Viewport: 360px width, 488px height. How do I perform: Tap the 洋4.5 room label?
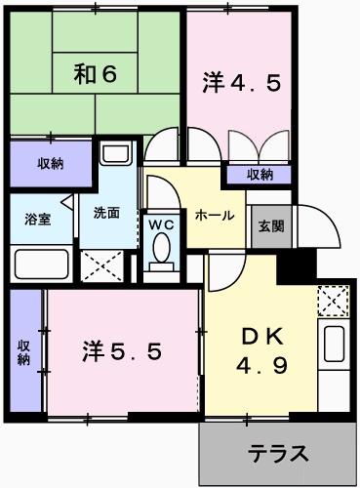coord(242,82)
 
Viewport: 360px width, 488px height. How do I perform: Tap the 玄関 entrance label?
coord(270,225)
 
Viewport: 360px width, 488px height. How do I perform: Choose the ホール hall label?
coord(214,215)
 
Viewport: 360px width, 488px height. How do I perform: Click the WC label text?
coord(161,224)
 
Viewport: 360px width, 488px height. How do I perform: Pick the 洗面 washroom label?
coord(106,213)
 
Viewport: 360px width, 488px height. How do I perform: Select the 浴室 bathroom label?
coord(37,220)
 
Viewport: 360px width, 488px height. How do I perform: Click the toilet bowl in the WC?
coord(161,256)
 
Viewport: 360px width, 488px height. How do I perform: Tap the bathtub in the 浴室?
coord(42,264)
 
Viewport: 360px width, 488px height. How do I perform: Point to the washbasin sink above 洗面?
coord(116,154)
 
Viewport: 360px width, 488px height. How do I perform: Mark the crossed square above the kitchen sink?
coord(333,301)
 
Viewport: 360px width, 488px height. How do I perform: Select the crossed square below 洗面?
coord(104,264)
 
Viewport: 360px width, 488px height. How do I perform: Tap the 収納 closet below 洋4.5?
coord(260,175)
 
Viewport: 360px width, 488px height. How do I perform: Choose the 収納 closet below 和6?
coord(51,163)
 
